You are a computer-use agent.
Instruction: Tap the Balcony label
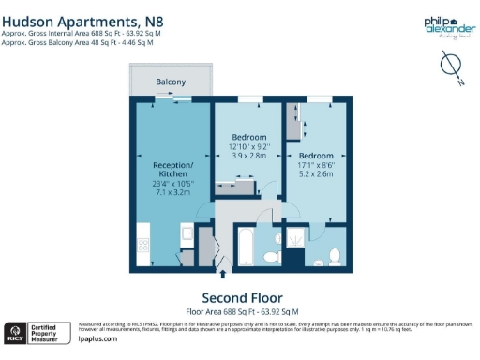171,82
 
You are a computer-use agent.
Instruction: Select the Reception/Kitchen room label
172,169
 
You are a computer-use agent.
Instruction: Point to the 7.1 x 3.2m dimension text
172,193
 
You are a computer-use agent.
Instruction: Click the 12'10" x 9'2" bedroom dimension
248,147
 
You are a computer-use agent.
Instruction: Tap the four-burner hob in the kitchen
144,247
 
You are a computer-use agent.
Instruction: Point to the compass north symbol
450,65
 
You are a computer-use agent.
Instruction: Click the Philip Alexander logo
442,25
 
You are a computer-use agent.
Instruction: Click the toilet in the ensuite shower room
334,253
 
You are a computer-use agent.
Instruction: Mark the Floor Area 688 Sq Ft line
242,309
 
